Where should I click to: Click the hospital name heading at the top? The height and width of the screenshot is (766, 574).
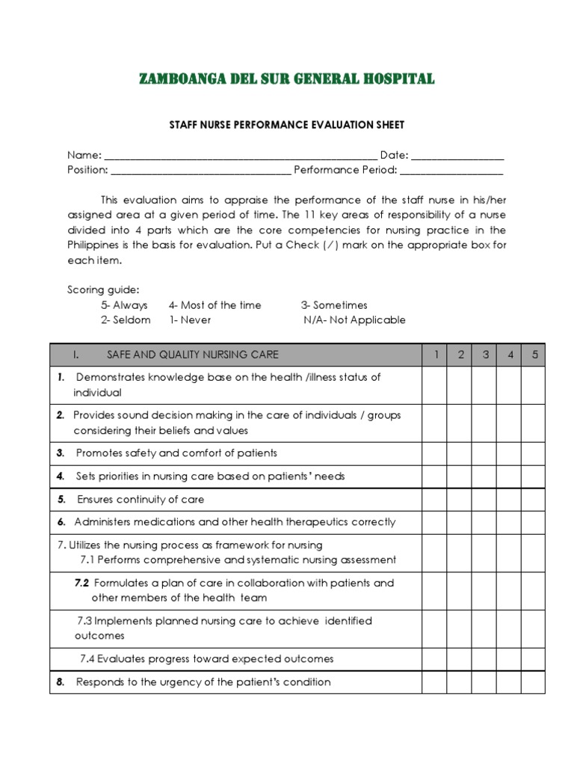[x=286, y=79]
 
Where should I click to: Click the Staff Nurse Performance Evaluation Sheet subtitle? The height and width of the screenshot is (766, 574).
[x=286, y=125]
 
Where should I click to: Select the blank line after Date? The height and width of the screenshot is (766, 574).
[x=457, y=156]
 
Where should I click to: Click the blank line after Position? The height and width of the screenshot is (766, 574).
[x=200, y=171]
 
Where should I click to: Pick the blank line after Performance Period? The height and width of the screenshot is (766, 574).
[x=451, y=171]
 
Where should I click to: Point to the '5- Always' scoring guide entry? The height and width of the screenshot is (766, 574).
[x=124, y=305]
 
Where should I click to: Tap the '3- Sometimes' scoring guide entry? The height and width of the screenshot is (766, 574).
[x=333, y=305]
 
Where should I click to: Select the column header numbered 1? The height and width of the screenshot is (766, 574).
[x=435, y=355]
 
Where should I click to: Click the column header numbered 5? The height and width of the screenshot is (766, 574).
[x=534, y=355]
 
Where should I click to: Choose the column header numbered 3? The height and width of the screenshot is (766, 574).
[x=484, y=355]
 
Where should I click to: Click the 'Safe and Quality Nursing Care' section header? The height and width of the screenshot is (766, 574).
[x=192, y=355]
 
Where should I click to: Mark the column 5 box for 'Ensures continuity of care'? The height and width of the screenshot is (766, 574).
[x=534, y=499]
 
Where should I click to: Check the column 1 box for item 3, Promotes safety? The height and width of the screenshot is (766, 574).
[x=435, y=453]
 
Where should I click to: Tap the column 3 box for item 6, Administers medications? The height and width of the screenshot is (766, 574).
[x=484, y=522]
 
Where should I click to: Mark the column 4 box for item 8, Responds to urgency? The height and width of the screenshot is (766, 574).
[x=509, y=681]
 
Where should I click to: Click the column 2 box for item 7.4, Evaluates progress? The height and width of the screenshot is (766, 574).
[x=460, y=659]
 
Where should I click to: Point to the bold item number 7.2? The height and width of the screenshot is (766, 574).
[x=81, y=583]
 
